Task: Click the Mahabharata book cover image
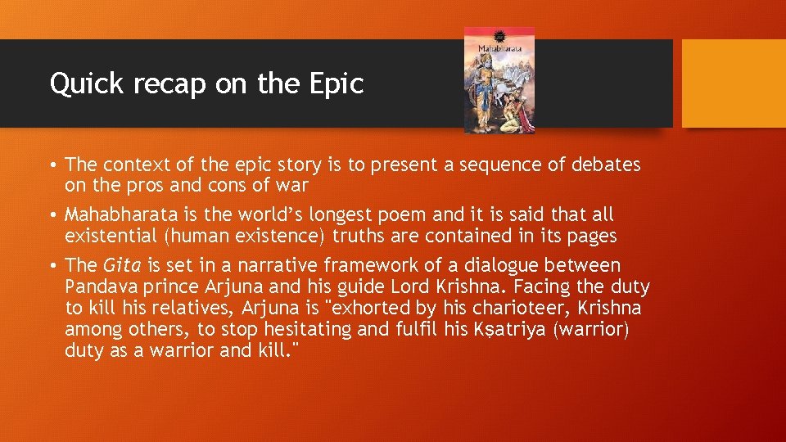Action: pyautogui.click(x=499, y=79)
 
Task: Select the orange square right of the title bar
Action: pyautogui.click(x=734, y=83)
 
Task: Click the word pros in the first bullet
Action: pyautogui.click(x=147, y=186)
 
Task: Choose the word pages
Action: pyautogui.click(x=592, y=237)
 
